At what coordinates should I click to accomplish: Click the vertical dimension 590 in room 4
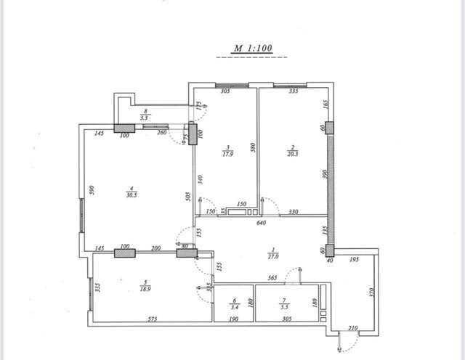(92, 189)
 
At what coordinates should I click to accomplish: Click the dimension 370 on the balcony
(371, 292)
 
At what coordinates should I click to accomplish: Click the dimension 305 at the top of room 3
(225, 92)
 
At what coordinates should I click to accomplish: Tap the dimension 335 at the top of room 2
(294, 92)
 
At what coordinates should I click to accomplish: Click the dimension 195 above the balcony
(354, 259)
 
